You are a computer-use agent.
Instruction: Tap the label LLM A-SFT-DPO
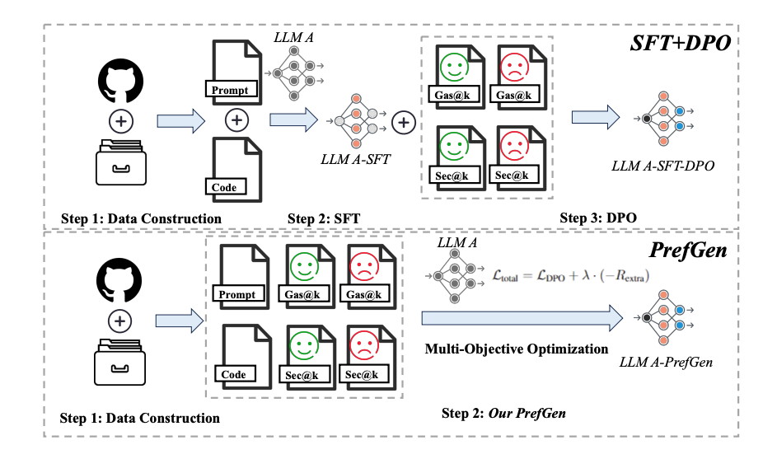pyautogui.click(x=663, y=166)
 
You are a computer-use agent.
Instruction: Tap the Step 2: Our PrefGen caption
pyautogui.click(x=504, y=412)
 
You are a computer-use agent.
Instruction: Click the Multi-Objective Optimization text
pyautogui.click(x=516, y=349)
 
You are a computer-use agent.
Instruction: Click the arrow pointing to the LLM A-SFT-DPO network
pyautogui.click(x=596, y=117)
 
